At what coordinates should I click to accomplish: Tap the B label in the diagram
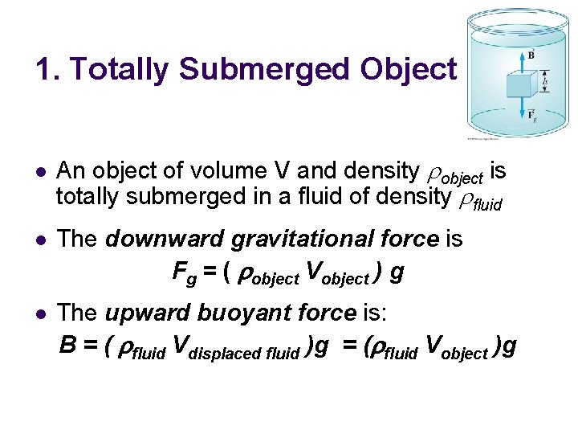point(530,55)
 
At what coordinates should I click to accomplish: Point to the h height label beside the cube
point(545,82)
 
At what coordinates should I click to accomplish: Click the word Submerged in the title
point(265,70)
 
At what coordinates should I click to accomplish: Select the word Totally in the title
point(120,70)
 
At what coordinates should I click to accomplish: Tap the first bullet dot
point(41,172)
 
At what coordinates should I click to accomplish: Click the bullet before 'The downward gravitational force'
point(41,240)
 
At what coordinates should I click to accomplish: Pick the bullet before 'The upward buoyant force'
point(41,312)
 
